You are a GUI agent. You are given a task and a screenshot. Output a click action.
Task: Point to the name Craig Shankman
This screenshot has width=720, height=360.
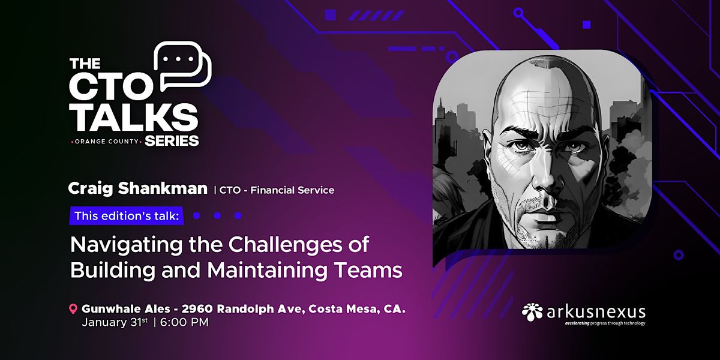pyautogui.click(x=137, y=190)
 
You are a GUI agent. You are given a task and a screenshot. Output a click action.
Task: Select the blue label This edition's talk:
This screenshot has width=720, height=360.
pyautogui.click(x=127, y=215)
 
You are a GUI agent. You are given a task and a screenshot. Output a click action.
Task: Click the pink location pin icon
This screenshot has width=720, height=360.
pyautogui.click(x=73, y=310)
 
